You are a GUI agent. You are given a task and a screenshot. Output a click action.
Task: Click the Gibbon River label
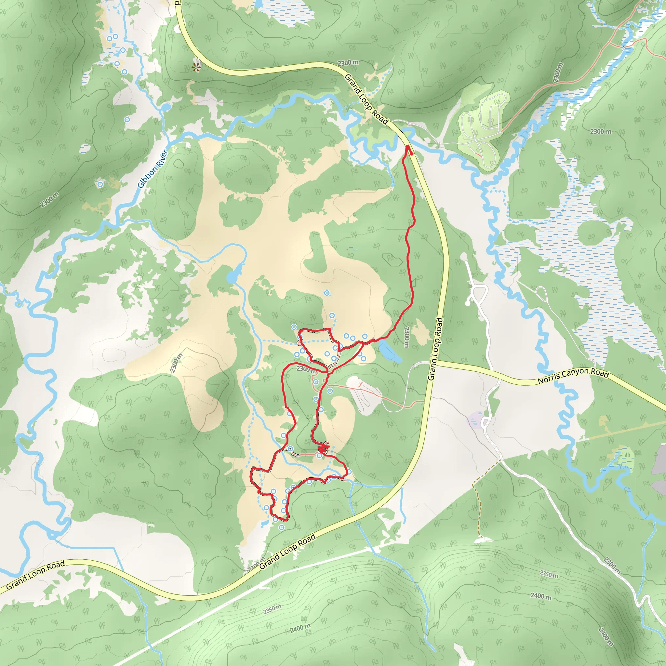click(153, 168)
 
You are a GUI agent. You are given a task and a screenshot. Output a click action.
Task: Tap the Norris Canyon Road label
click(573, 377)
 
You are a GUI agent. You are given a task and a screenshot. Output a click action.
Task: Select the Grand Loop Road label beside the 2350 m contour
click(287, 552)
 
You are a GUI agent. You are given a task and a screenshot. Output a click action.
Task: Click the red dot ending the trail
click(412, 154)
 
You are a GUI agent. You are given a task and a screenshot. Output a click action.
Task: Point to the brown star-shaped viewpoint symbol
click(196, 67)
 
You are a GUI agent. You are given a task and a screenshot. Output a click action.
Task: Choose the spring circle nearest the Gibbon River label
click(100, 184)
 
